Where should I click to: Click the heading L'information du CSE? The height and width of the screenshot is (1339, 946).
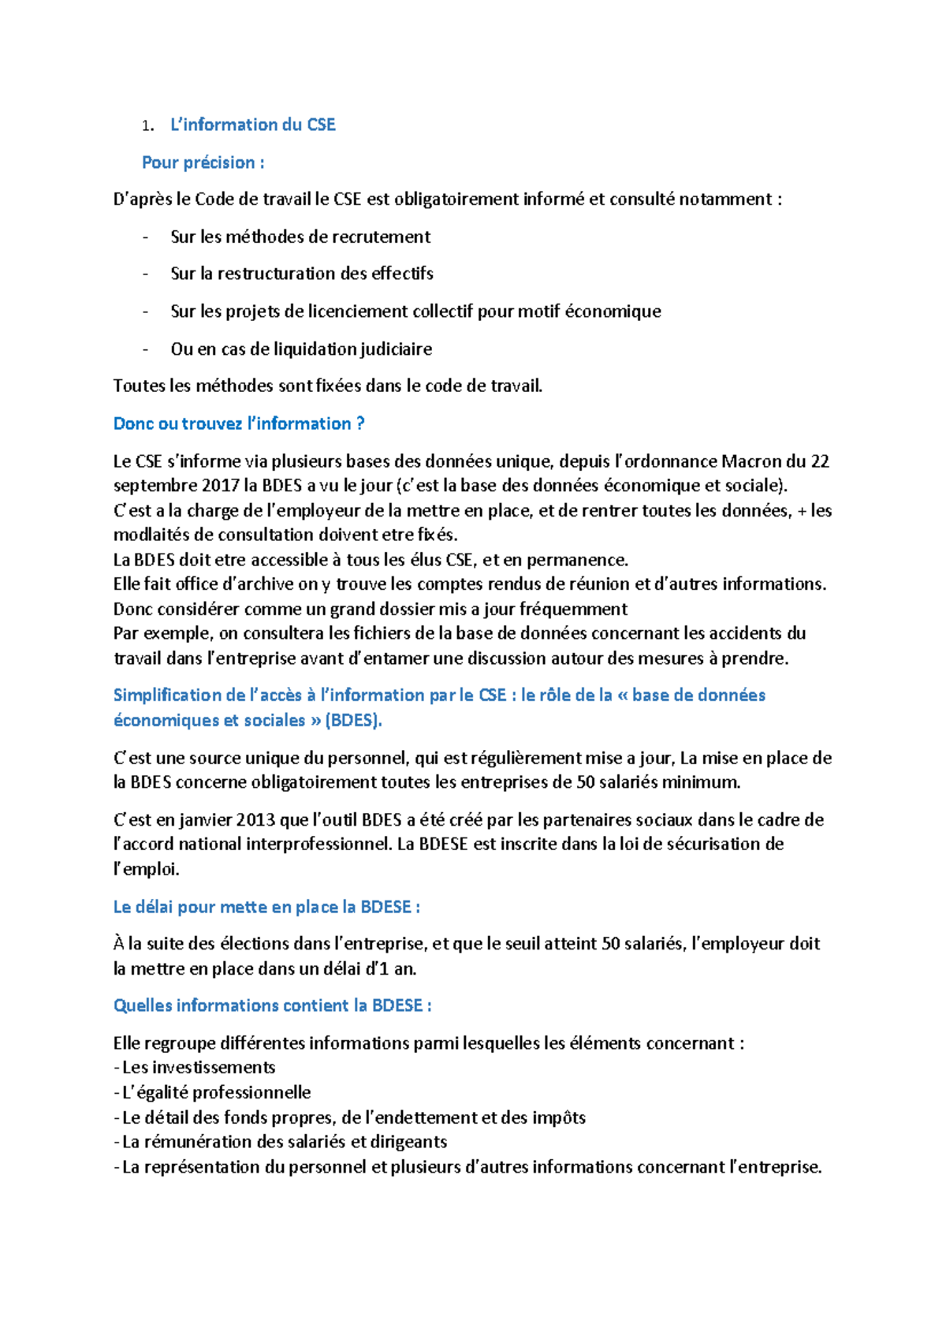tap(252, 125)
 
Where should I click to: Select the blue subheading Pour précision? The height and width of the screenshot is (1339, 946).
tap(203, 162)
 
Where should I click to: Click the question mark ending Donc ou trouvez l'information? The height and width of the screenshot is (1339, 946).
tap(360, 423)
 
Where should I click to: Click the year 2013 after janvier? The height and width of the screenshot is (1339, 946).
tap(256, 820)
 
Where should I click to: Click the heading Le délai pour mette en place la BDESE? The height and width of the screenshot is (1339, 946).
tap(266, 908)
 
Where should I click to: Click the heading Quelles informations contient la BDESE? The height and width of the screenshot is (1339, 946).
tap(272, 1006)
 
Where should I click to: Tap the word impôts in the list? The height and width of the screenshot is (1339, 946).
tap(559, 1118)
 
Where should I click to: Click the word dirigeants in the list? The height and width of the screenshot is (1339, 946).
tap(409, 1143)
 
